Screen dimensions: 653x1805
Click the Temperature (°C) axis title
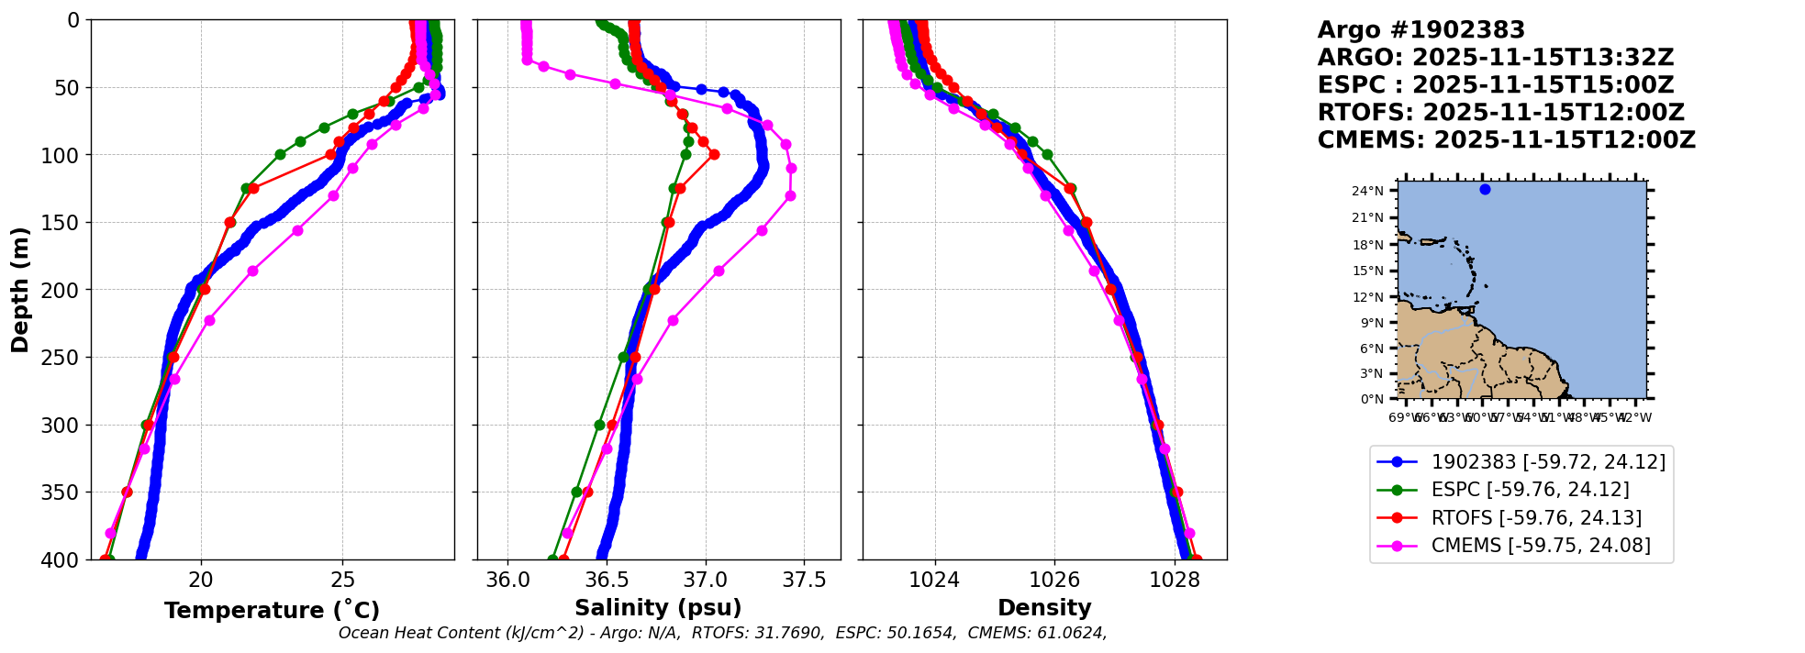coord(272,611)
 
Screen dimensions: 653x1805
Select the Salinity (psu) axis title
coord(658,608)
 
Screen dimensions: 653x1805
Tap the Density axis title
coord(1044,608)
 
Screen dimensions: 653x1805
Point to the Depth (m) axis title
coord(20,290)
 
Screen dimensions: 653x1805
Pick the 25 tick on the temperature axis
coord(342,580)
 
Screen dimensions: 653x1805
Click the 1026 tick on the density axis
coord(1054,580)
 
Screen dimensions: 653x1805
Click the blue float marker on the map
coord(1485,190)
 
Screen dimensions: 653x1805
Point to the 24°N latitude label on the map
coord(1367,192)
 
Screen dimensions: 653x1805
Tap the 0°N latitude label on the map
coord(1372,399)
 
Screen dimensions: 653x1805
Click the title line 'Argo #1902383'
coord(1421,30)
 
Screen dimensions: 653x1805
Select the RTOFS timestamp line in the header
coord(1500,113)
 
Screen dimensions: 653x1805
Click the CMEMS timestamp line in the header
coord(1506,140)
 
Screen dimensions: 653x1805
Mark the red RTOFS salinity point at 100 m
coord(714,154)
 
